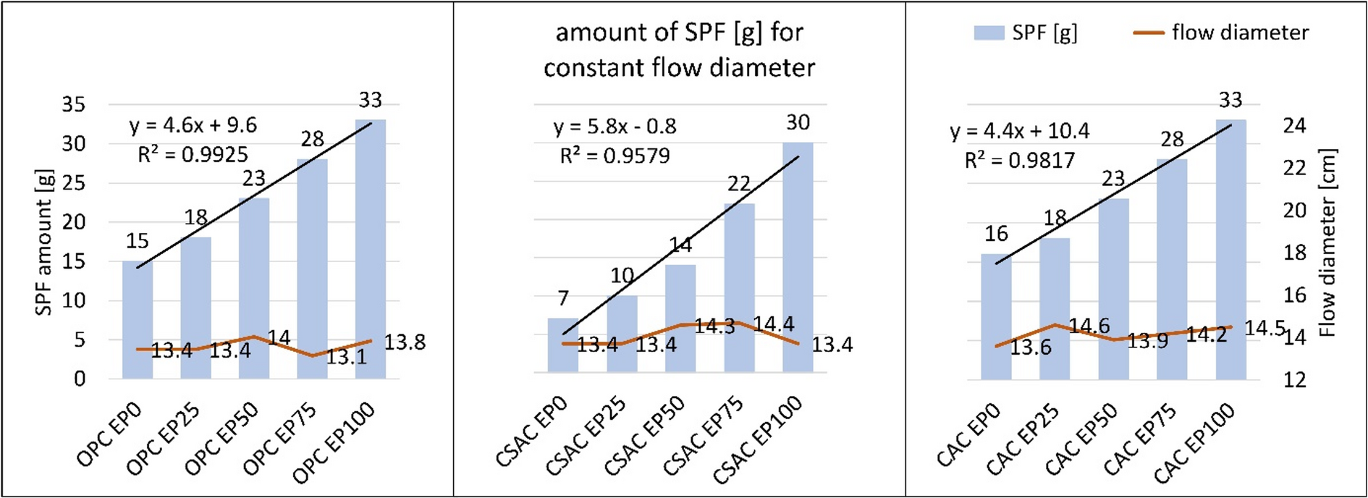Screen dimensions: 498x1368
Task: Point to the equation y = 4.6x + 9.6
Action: (x=193, y=125)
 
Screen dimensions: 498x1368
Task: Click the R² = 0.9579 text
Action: (x=615, y=156)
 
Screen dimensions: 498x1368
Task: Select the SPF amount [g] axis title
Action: (x=45, y=242)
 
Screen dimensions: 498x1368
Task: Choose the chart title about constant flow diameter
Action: (x=679, y=50)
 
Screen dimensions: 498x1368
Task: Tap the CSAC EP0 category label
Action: (x=531, y=433)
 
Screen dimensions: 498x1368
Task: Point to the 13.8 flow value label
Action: (x=404, y=342)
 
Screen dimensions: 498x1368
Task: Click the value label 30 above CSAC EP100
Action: (x=798, y=123)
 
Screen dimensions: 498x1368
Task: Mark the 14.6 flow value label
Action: (x=1089, y=326)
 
